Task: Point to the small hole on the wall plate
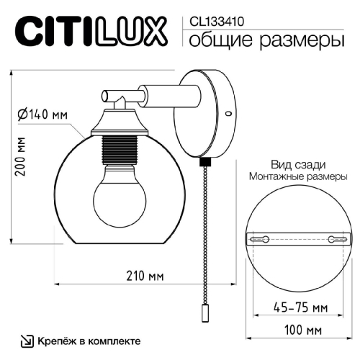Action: pos(228,113)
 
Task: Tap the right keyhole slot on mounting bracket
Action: pos(332,238)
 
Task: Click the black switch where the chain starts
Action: pos(204,164)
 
